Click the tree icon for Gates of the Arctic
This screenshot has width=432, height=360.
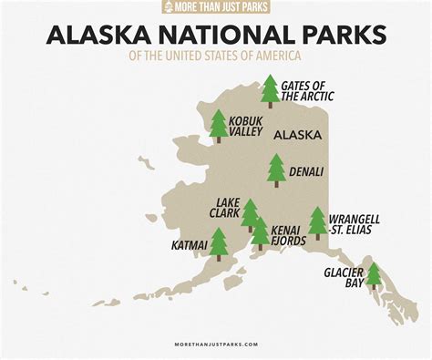(270, 91)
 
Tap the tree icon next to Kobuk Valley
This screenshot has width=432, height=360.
(219, 126)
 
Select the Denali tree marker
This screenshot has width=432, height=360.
(276, 170)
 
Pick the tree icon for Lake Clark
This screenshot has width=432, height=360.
(250, 214)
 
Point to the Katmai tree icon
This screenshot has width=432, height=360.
(219, 243)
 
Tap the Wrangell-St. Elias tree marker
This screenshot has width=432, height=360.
(317, 221)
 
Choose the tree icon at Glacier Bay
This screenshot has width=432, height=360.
(374, 274)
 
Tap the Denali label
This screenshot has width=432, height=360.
(306, 170)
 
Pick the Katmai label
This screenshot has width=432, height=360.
(190, 245)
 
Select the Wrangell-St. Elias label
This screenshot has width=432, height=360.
(356, 224)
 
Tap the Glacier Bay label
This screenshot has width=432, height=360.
(344, 277)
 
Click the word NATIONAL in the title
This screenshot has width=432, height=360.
(223, 35)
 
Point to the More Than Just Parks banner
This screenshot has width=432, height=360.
(215, 7)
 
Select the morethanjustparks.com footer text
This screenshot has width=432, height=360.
(216, 345)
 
